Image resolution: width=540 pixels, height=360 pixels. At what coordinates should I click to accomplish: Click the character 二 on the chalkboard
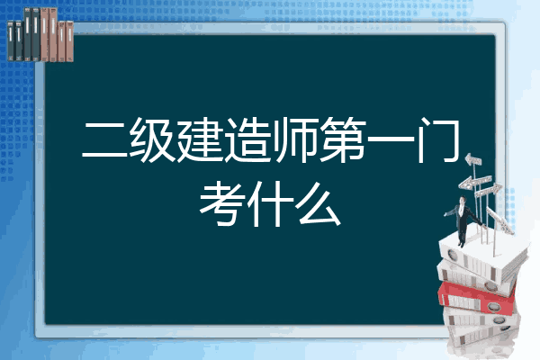[104, 139]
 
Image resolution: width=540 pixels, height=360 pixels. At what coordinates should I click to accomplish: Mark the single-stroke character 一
[391, 139]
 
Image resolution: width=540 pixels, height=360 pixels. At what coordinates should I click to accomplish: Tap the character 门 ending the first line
[437, 139]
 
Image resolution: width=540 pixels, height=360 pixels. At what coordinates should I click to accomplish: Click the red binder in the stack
[477, 298]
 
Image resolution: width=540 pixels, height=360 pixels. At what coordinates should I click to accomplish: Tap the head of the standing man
[463, 200]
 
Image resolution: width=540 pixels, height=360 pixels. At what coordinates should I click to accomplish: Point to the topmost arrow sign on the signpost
[473, 159]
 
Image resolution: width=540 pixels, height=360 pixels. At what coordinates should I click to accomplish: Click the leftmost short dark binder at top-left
[11, 40]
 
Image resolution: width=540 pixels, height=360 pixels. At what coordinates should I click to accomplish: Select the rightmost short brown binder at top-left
[69, 41]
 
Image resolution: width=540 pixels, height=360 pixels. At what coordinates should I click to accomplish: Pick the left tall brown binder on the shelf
[44, 34]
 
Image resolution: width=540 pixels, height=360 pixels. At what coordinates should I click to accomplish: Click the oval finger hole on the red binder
[493, 306]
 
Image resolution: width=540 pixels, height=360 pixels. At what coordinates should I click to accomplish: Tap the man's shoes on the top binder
[461, 244]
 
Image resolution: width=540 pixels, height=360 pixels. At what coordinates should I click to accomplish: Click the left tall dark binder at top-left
[27, 34]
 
